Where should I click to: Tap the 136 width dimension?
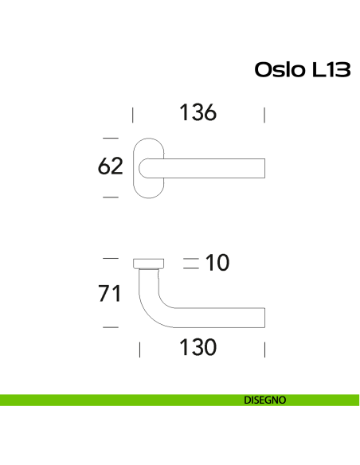pos(198,113)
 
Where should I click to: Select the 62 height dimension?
pos(110,166)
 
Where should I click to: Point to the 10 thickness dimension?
pos(217,262)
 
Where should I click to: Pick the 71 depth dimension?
pos(110,293)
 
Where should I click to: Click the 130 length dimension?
pos(198,348)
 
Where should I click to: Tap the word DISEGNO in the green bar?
pos(265,401)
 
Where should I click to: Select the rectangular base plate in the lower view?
pos(149,264)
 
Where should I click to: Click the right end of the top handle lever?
pos(262,168)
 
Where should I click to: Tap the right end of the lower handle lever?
pos(262,317)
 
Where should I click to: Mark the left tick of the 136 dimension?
pos(132,115)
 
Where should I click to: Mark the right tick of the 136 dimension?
pos(264,115)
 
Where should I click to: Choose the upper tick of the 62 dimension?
pos(111,137)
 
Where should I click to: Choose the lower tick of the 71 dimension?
pos(111,326)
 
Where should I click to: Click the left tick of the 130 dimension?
pos(140,349)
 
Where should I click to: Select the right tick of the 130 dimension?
pos(264,349)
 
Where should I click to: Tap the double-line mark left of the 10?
pos(190,264)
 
